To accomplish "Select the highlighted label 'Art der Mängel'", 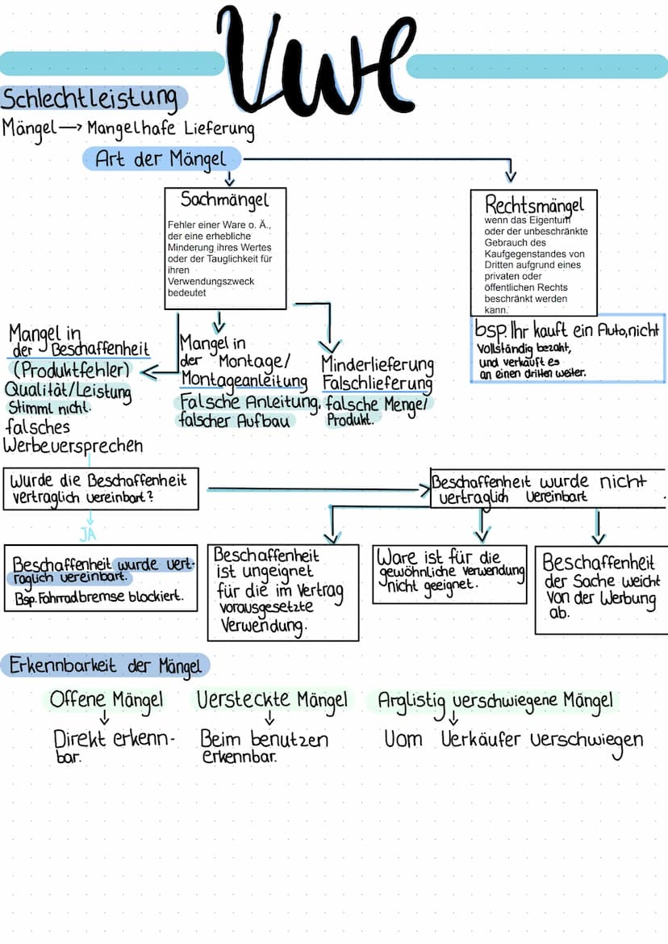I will point(161,158).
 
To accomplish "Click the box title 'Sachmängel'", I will point(224,199).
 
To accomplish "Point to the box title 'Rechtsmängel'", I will point(533,203).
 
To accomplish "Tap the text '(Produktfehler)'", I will point(71,370).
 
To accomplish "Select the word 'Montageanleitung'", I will point(244,380).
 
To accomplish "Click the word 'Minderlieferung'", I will point(377,364).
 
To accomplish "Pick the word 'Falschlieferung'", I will point(377,382).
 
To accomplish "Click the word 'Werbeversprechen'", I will point(73,445).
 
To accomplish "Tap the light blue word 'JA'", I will point(90,534).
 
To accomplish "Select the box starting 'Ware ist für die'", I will point(449,573).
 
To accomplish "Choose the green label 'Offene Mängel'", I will point(106,700).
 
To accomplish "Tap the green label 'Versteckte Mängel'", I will point(273,700).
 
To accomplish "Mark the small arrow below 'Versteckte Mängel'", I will point(269,720).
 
